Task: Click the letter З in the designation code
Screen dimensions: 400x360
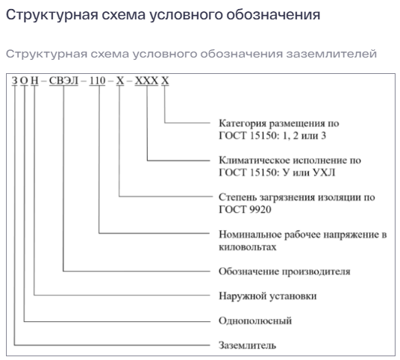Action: point(15,81)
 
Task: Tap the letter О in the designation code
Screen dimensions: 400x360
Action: point(24,81)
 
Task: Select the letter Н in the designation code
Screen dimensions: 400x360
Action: point(34,81)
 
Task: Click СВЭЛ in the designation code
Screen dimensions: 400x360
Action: point(63,81)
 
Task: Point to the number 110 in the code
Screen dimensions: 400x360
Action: point(97,81)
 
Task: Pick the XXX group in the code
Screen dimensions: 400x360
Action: point(146,81)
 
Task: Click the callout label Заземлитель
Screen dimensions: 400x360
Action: point(247,345)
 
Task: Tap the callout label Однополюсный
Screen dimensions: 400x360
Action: point(255,320)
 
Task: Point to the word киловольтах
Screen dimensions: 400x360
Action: point(248,247)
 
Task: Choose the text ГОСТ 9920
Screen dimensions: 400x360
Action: point(245,210)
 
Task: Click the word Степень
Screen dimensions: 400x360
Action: point(237,197)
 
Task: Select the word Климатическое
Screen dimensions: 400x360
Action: point(254,161)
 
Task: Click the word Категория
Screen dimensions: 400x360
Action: point(243,123)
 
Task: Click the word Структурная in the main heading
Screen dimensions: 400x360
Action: point(51,14)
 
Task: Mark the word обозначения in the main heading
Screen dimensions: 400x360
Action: point(273,15)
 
